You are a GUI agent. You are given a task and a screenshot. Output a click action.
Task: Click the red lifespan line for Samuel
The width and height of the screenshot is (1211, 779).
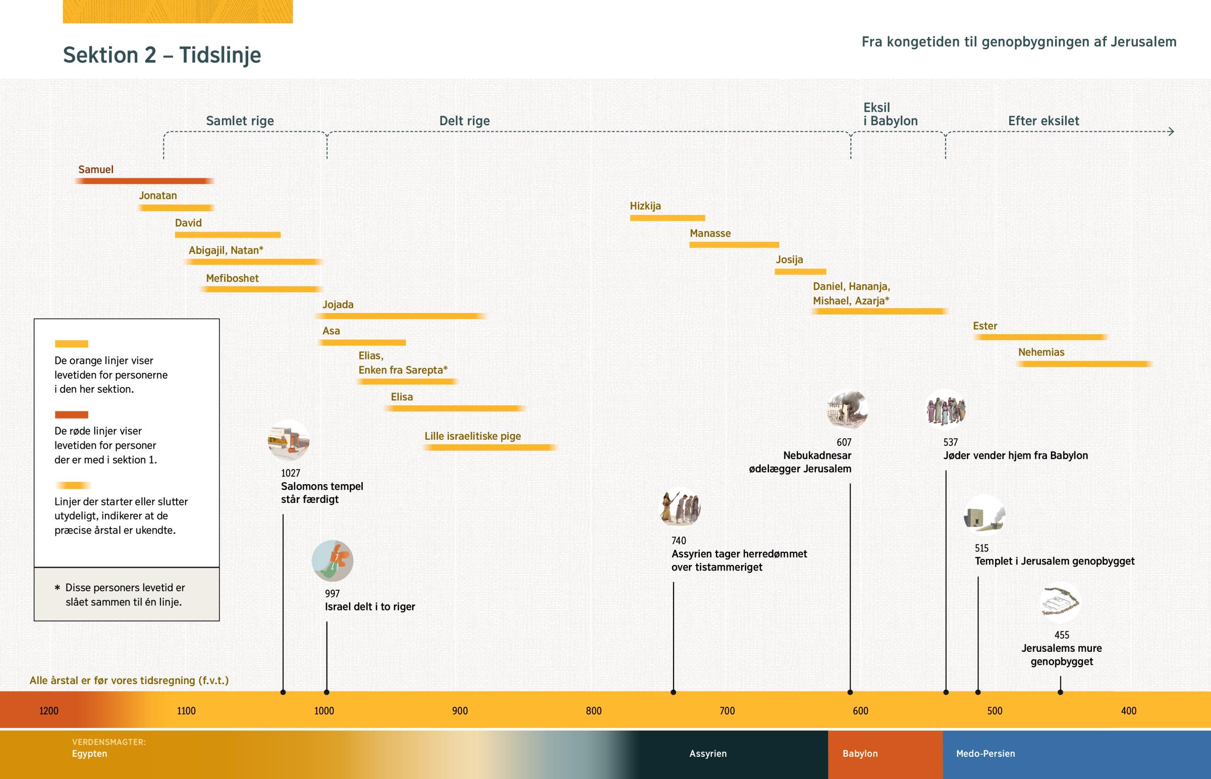coord(144,181)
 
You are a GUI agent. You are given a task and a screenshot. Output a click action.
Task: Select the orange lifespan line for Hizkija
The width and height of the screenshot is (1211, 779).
coord(667,218)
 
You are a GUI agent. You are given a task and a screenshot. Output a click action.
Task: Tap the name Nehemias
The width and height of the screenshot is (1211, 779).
coord(1040,352)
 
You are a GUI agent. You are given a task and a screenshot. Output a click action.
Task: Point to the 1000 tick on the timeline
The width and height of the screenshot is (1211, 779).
coord(324,711)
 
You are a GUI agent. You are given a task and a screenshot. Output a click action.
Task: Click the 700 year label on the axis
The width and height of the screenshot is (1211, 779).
coord(727,711)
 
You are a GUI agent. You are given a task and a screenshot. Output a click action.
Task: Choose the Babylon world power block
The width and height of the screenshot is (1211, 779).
coord(885,754)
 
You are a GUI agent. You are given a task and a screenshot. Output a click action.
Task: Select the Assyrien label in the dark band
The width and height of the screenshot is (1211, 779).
coord(707,754)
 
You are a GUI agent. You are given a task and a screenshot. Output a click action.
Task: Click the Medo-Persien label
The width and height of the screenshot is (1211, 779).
coord(985,754)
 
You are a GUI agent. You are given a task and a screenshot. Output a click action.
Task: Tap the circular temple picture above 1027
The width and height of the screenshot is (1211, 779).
coord(289,440)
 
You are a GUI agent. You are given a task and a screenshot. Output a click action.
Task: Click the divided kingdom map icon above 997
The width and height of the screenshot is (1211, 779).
coord(333,561)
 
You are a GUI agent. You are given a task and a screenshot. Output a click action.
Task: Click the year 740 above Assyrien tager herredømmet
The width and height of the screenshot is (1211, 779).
coord(679,541)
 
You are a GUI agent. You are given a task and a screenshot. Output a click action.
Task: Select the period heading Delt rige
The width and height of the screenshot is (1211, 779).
coord(464,121)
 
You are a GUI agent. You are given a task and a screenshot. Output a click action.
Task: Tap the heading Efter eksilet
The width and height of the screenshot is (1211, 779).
coord(1043,121)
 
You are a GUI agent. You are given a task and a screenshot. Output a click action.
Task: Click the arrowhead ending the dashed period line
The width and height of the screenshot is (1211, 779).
coord(1171,132)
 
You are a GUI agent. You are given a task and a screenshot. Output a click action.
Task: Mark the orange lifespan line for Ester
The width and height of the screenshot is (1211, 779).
coord(1040,337)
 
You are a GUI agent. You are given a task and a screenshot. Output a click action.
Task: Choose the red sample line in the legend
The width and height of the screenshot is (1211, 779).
coord(71,415)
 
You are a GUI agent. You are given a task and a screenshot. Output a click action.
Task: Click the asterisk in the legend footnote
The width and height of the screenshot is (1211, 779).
coord(57,588)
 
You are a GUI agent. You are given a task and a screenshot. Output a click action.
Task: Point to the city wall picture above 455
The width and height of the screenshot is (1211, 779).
coord(1060,602)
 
